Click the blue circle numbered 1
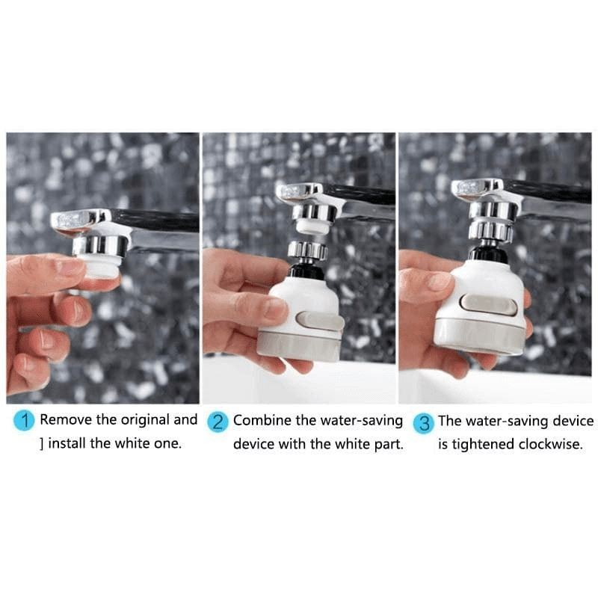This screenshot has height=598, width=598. click(25, 421)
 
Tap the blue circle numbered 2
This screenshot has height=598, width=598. click(218, 421)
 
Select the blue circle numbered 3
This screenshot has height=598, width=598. click(424, 422)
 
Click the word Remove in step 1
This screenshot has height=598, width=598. click(67, 420)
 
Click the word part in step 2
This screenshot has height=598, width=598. click(389, 444)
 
